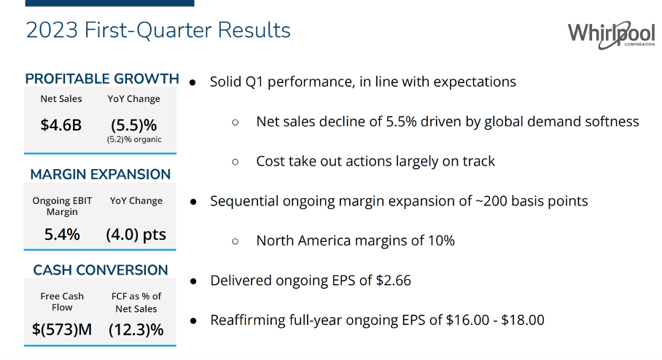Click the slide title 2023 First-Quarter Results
[x=158, y=30]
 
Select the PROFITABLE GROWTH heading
[x=102, y=79]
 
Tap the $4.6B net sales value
[x=61, y=125]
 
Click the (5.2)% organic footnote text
[x=134, y=140]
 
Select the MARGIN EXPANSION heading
[x=101, y=174]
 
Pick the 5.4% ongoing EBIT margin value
[x=61, y=235]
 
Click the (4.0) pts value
[x=136, y=235]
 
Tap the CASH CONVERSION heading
[x=101, y=270]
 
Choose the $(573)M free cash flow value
[x=62, y=329]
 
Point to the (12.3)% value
[x=136, y=329]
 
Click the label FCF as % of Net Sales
[x=136, y=302]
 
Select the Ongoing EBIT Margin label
[x=61, y=206]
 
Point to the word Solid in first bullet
[x=227, y=81]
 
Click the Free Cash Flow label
[x=62, y=302]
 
